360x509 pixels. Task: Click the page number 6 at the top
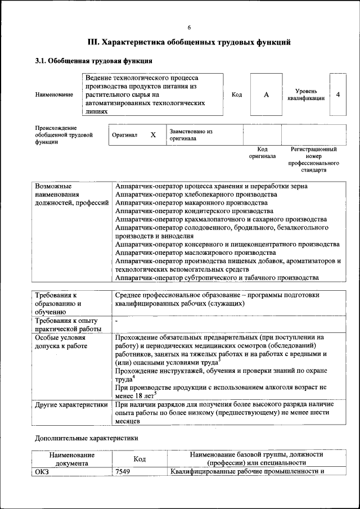[189, 28]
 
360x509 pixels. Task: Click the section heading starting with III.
[189, 42]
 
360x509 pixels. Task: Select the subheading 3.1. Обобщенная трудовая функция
[94, 60]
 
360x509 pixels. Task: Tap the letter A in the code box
[266, 94]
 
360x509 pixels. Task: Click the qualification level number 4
[338, 94]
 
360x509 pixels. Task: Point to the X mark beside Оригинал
[153, 135]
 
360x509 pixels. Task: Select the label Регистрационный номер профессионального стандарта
[313, 159]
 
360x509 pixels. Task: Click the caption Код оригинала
[262, 152]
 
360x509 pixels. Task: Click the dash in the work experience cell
[116, 321]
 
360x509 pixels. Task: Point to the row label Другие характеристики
[71, 404]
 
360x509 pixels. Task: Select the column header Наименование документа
[71, 458]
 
